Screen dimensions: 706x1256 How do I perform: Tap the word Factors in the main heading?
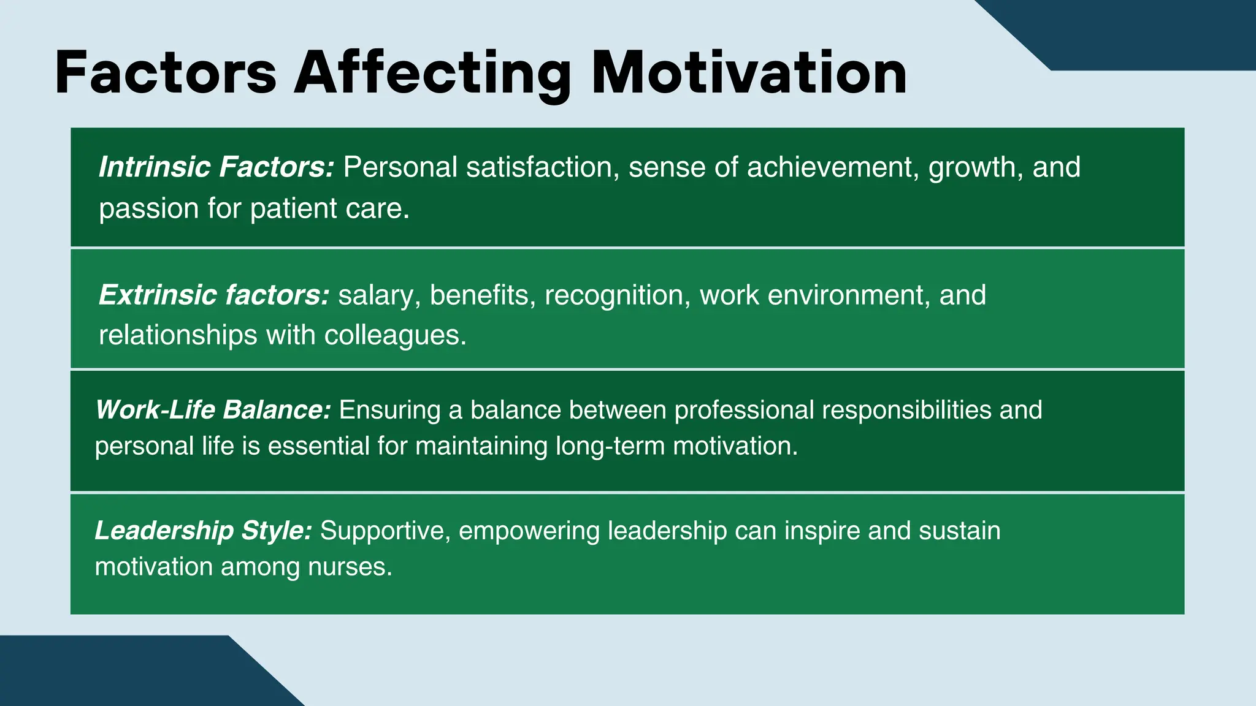166,74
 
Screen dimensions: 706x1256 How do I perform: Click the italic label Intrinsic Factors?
216,167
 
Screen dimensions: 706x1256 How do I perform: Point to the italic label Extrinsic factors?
214,295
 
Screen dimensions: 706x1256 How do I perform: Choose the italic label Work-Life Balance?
213,410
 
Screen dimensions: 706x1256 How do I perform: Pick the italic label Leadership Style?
204,531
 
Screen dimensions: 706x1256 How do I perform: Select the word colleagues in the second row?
395,336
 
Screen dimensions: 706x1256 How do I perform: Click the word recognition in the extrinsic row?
614,295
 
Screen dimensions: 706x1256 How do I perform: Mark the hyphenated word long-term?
610,446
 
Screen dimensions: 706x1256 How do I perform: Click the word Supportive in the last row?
385,531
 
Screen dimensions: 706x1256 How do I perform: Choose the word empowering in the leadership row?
529,531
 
